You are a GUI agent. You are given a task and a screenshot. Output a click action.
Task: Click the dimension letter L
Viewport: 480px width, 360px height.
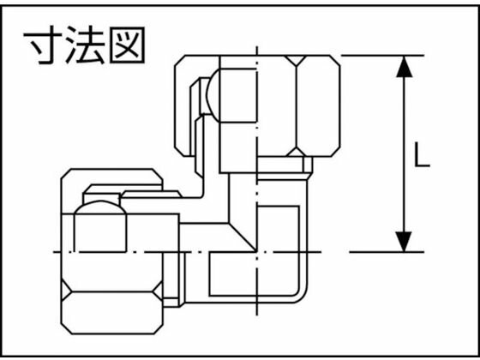[422, 155]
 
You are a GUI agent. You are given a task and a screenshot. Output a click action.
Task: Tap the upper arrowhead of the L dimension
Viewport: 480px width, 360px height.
[404, 67]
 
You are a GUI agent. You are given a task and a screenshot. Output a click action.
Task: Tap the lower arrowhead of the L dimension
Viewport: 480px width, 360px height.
[404, 242]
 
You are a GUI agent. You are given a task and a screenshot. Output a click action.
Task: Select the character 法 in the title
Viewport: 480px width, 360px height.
[86, 45]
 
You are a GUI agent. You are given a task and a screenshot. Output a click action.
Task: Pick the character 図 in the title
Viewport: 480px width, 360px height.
[127, 45]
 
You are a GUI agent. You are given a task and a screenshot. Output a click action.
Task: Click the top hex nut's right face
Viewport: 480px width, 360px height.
[318, 106]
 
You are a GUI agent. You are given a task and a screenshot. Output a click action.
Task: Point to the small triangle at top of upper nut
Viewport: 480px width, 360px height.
[296, 60]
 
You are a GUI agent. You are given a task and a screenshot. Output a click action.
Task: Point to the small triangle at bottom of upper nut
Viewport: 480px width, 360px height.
[296, 153]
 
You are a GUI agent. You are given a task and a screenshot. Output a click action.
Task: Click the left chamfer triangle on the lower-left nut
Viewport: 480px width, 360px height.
[65, 290]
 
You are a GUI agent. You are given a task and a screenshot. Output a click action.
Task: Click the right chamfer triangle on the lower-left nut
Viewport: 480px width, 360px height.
[159, 291]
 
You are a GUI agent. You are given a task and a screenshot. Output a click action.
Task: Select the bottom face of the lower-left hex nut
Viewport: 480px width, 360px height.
[112, 313]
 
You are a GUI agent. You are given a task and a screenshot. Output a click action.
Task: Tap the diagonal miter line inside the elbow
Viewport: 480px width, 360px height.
[243, 237]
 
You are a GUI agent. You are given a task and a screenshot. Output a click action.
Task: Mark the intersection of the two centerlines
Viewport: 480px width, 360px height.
[257, 252]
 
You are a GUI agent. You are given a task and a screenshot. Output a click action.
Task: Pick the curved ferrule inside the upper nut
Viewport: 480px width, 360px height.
[213, 95]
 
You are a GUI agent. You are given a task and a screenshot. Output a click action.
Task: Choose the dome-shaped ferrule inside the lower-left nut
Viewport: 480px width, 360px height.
[100, 207]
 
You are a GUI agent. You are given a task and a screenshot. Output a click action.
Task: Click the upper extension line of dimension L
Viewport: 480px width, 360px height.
[382, 56]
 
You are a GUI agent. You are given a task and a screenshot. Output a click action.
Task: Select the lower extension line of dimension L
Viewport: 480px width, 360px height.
[387, 252]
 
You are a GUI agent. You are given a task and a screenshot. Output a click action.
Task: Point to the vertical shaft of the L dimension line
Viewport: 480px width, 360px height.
[404, 154]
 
